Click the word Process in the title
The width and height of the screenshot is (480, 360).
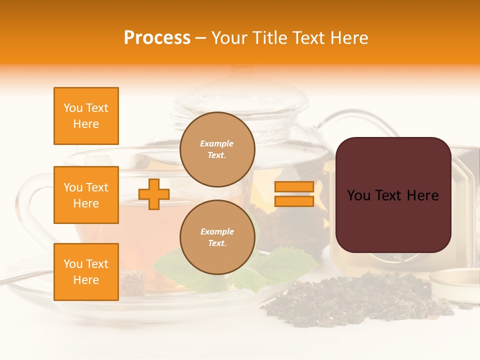click(157, 38)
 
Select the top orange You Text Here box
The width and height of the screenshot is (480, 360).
click(86, 116)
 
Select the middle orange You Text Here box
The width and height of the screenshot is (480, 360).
click(86, 195)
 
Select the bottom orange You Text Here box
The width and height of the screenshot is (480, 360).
click(86, 271)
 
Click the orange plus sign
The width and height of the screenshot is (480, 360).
click(153, 194)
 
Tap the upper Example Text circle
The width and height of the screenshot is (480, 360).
click(217, 149)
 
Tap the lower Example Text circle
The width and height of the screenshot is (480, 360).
click(217, 237)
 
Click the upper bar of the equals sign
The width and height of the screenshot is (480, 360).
click(294, 187)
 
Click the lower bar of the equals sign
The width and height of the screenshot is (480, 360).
click(294, 201)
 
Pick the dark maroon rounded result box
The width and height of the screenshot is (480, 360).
click(393, 195)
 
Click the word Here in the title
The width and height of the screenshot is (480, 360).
click(350, 38)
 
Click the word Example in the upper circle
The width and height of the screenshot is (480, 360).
click(217, 143)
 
